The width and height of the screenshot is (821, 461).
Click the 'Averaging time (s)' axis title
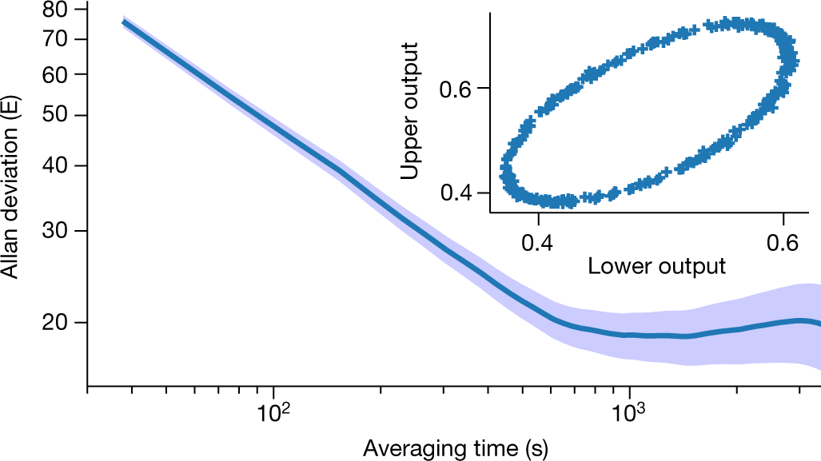click(455, 447)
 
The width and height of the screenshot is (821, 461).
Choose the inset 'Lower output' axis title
click(656, 266)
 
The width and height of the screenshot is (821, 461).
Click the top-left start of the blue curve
click(124, 22)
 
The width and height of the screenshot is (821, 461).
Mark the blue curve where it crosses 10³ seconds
click(629, 335)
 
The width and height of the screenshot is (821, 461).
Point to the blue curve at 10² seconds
click(274, 125)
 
